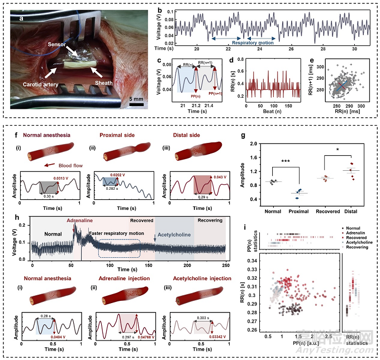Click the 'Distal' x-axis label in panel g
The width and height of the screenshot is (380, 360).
coord(352,212)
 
